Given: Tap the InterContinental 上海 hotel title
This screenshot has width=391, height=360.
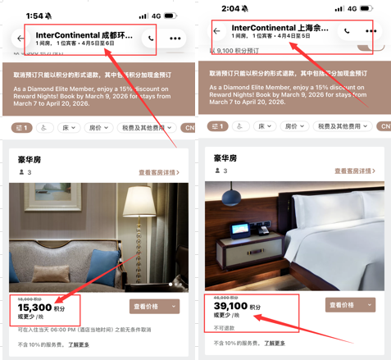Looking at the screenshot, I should (x=280, y=27).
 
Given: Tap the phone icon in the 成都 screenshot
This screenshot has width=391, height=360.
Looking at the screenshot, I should (x=151, y=39).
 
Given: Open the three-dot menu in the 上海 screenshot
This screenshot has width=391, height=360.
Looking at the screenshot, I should (x=371, y=30).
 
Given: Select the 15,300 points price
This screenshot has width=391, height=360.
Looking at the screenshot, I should (x=33, y=307).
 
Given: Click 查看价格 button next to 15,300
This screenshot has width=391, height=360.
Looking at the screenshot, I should (x=154, y=306).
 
